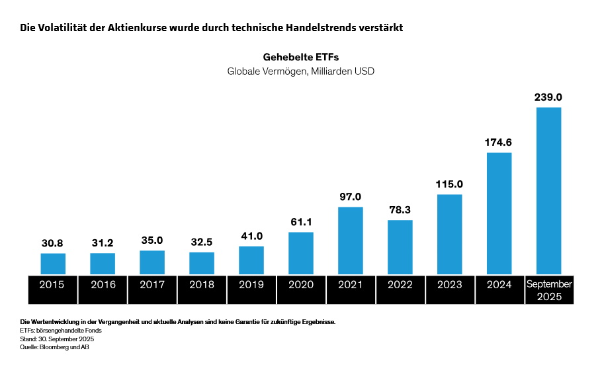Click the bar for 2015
click(x=53, y=264)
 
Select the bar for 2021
click(x=351, y=241)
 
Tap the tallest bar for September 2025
click(x=548, y=191)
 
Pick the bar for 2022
click(x=400, y=247)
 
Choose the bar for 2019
click(x=251, y=260)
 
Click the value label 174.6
click(x=499, y=142)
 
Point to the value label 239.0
click(x=548, y=97)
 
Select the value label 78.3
click(x=400, y=209)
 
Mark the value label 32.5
click(x=202, y=242)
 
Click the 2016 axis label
click(x=103, y=285)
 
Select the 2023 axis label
click(x=450, y=285)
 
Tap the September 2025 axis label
click(x=549, y=290)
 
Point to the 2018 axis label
click(x=202, y=285)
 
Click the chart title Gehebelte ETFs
click(x=301, y=57)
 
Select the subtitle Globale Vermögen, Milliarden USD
click(x=301, y=71)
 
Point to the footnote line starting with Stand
click(x=57, y=339)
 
